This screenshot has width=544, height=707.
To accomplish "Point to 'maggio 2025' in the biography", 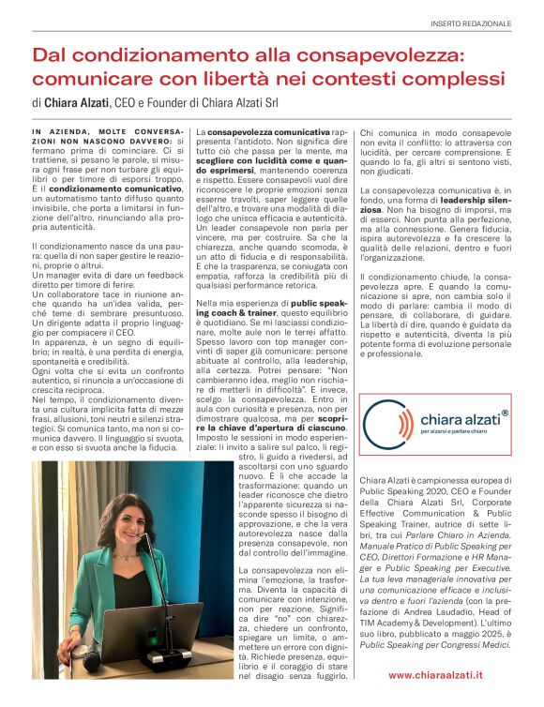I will point(452,635).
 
